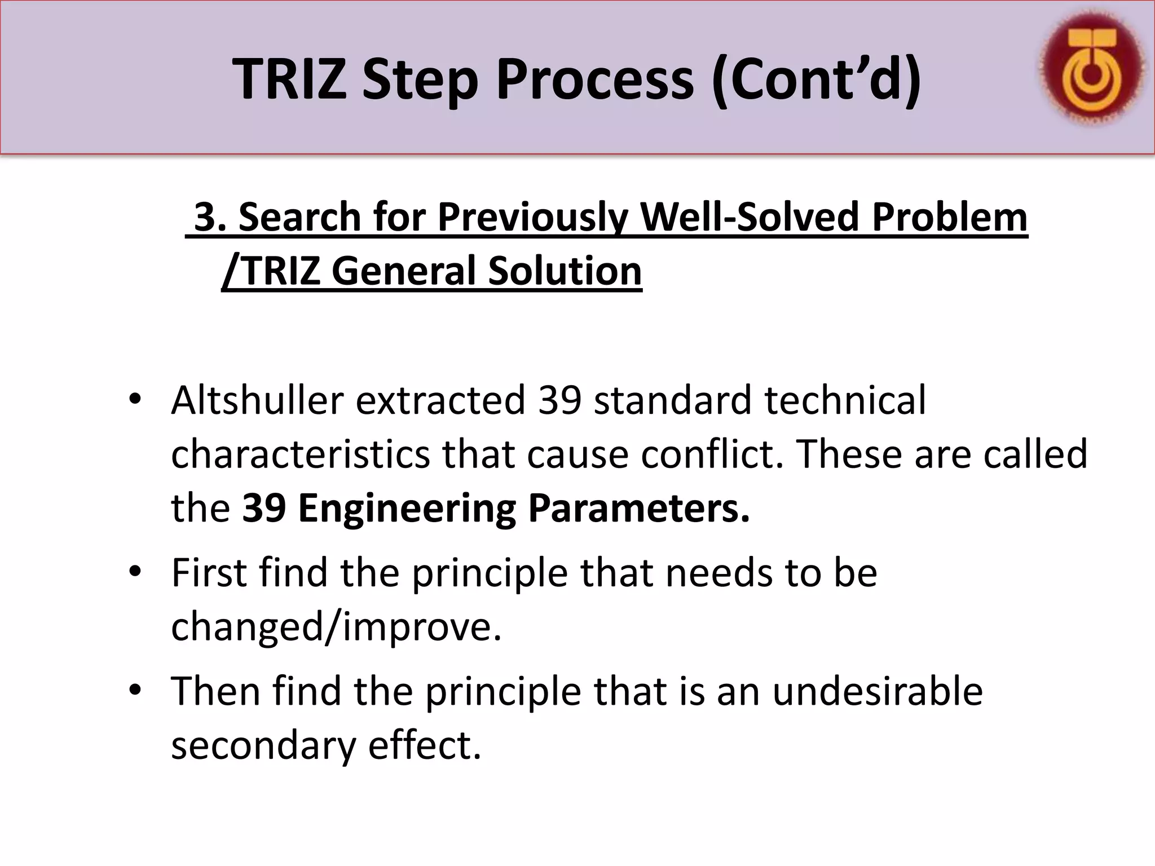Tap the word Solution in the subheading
565,271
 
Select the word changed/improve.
336,627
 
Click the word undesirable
878,691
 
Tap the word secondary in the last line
264,745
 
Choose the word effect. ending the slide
425,745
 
